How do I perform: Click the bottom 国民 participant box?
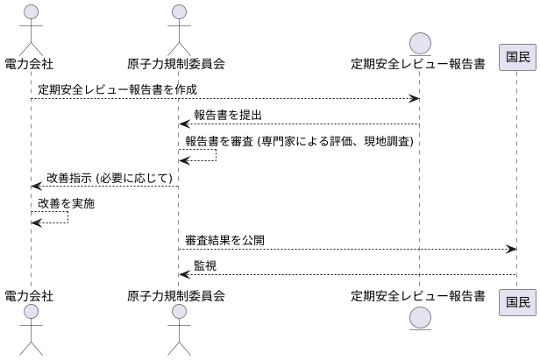(x=517, y=302)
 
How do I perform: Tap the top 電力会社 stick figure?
(x=31, y=28)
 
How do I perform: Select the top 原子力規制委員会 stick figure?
(x=180, y=28)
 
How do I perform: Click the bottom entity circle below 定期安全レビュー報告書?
(x=419, y=319)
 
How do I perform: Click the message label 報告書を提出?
(x=227, y=115)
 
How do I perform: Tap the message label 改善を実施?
(x=66, y=202)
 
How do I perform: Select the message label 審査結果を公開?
(x=224, y=240)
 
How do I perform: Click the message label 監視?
(x=205, y=265)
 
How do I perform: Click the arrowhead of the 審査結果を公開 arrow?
(x=512, y=249)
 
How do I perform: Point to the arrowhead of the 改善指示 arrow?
(x=36, y=186)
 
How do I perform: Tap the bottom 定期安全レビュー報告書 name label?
(x=418, y=296)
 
